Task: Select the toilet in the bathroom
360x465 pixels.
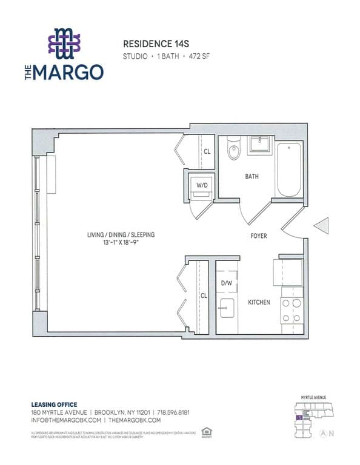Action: (x=233, y=151)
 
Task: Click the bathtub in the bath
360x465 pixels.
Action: (x=290, y=170)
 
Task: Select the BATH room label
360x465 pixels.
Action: (x=252, y=177)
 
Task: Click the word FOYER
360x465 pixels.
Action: (x=259, y=236)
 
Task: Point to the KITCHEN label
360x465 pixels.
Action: (x=259, y=302)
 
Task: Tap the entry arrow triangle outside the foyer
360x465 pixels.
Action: (x=321, y=225)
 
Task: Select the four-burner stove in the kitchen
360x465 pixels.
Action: (x=291, y=309)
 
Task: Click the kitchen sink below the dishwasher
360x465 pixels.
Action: (x=227, y=308)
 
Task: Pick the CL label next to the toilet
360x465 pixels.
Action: (x=207, y=152)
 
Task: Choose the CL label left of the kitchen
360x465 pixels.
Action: (x=204, y=295)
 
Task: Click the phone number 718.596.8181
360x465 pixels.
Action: (x=173, y=412)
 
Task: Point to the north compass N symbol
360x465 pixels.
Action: (x=332, y=433)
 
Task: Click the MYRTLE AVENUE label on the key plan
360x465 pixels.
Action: (x=313, y=397)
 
